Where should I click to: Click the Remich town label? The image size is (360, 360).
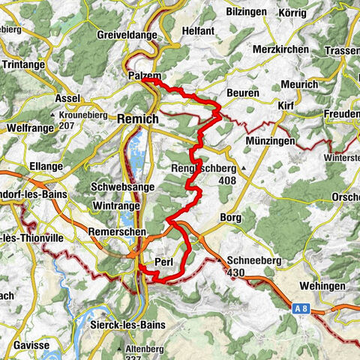point(137,118)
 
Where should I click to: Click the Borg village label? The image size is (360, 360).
point(229,216)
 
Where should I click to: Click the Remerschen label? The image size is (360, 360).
point(116,232)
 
